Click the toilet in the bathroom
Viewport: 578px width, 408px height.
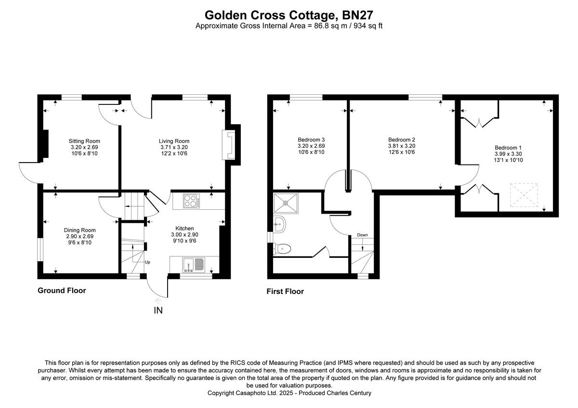[282, 248]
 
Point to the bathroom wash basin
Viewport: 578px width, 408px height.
[279, 223]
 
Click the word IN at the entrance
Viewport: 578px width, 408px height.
[158, 310]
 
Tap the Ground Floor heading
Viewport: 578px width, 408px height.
[62, 291]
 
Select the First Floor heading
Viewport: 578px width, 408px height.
[285, 292]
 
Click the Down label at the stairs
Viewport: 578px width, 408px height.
[362, 235]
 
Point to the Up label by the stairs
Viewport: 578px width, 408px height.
[148, 262]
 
